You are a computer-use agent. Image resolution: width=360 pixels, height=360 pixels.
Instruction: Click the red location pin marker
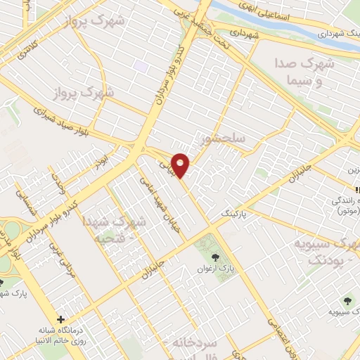click(x=181, y=165)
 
